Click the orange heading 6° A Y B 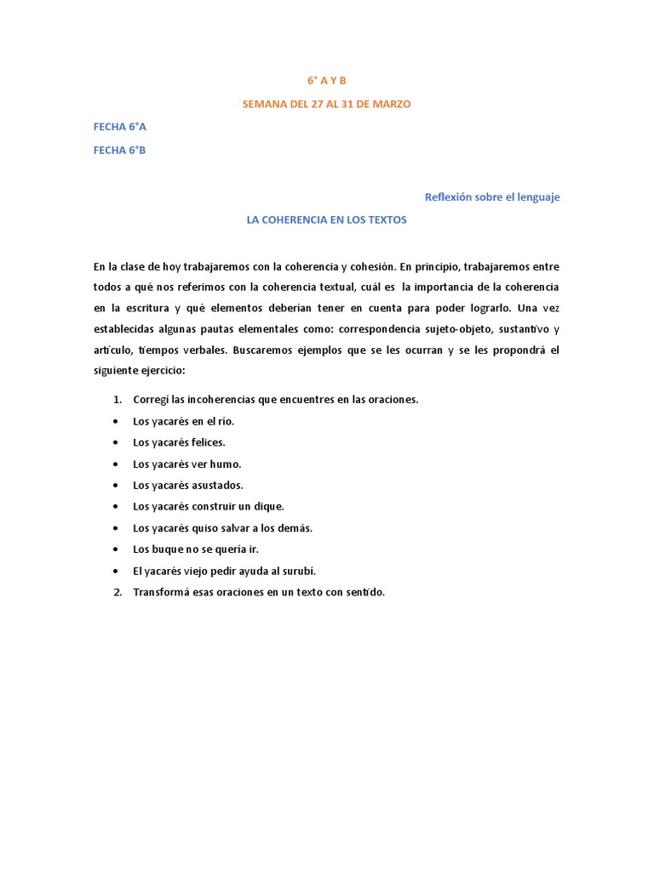(x=327, y=81)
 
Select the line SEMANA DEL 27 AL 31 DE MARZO (x=327, y=104)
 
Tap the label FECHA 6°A (x=120, y=127)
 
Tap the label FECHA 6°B (x=120, y=150)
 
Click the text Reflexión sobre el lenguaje (x=492, y=196)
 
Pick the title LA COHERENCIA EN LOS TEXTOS (x=327, y=219)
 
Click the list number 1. (x=118, y=400)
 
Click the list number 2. (x=118, y=592)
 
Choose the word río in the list (x=223, y=421)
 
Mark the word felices (x=209, y=442)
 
